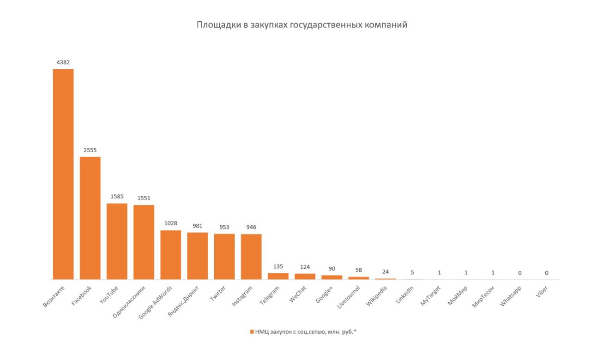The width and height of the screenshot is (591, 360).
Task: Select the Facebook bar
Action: (90, 218)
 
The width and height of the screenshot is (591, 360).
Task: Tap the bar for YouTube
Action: (117, 241)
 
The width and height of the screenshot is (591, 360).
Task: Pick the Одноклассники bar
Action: (144, 242)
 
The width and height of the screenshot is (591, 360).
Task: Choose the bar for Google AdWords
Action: (170, 254)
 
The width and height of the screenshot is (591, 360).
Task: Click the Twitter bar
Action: (224, 256)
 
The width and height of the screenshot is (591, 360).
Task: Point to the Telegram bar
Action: (278, 276)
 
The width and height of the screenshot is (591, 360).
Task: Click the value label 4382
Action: (63, 62)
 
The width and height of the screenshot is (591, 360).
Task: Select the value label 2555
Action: (90, 150)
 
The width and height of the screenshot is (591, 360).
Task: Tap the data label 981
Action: (197, 226)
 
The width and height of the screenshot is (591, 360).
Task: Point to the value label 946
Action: (251, 227)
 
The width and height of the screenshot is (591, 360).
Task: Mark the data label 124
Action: (305, 267)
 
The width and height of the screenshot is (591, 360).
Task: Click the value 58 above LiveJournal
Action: (358, 270)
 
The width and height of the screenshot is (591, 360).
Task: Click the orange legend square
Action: (252, 332)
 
